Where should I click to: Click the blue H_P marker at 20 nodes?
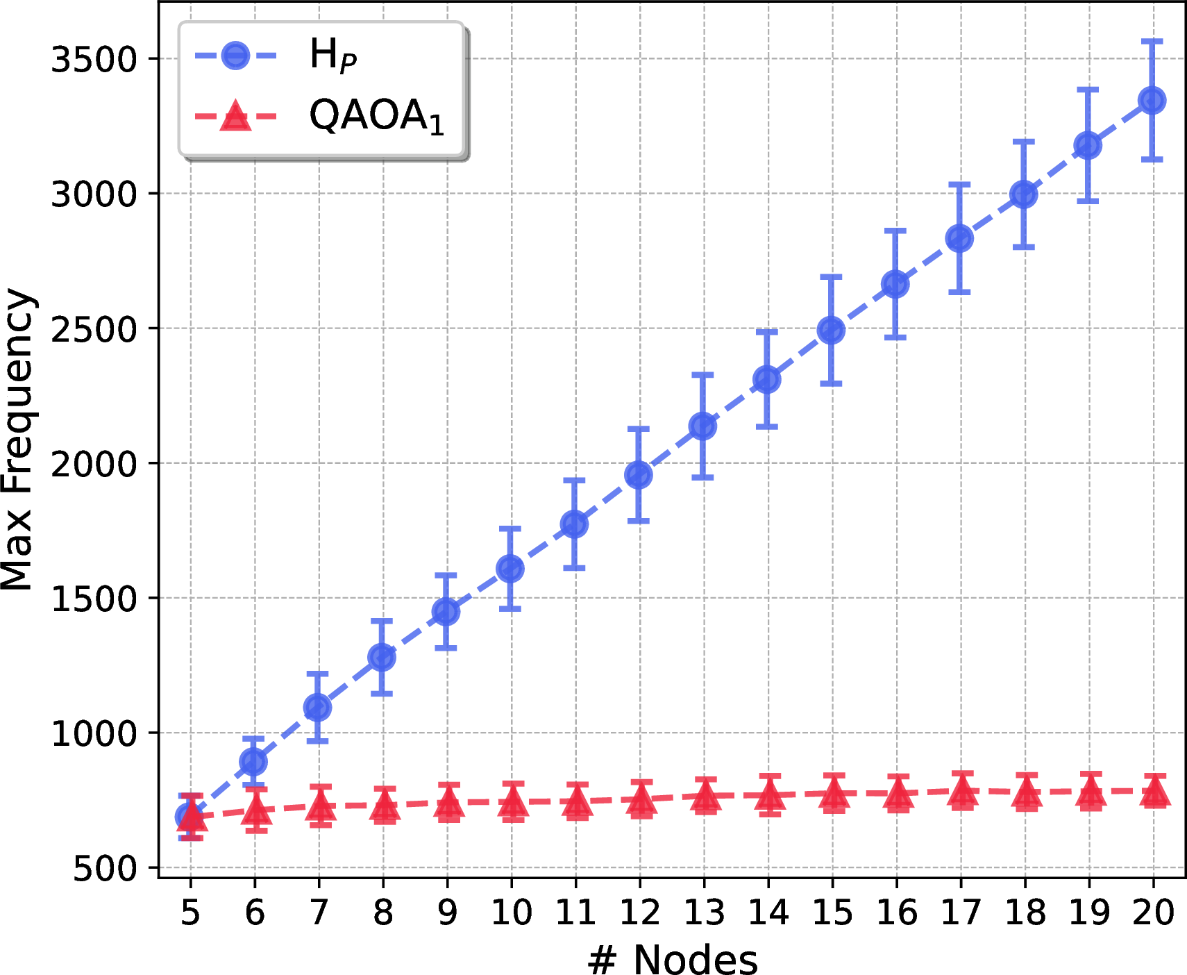coord(1152,100)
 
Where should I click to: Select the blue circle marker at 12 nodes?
coord(639,475)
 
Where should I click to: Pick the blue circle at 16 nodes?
coord(895,284)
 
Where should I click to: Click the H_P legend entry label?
coord(333,55)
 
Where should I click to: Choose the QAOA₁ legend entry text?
coord(377,115)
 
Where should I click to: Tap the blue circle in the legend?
coord(235,55)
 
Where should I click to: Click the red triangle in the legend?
coord(235,116)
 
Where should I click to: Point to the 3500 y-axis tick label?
coord(95,60)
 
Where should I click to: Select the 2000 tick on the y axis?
coord(95,464)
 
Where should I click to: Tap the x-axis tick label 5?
coord(190,912)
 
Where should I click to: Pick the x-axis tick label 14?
coord(768,912)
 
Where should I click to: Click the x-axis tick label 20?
coord(1154,912)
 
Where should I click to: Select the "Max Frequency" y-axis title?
coord(18,440)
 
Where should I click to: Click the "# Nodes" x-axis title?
coord(672,960)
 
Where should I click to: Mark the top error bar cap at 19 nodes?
coord(1088,89)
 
